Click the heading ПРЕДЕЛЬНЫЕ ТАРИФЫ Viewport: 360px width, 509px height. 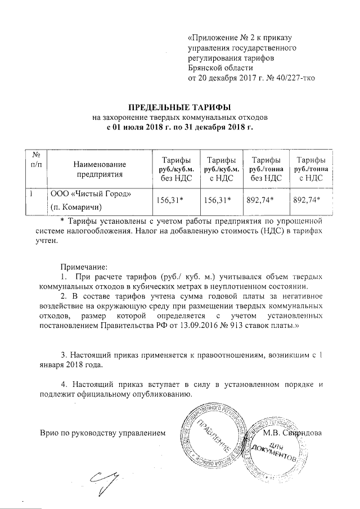coord(181,106)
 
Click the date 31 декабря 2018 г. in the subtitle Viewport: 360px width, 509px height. coord(215,128)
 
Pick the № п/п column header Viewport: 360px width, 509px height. coord(37,159)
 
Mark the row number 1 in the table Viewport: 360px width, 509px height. coord(32,194)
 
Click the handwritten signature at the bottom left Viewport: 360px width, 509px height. coord(106,480)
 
